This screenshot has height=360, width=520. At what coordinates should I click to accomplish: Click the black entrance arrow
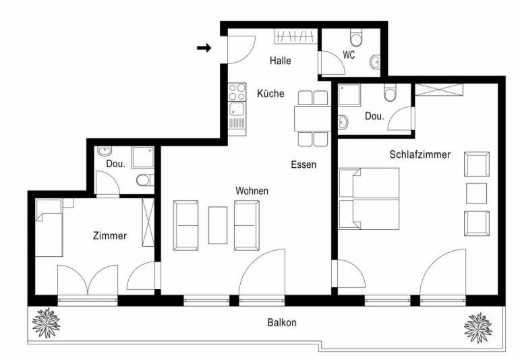204,48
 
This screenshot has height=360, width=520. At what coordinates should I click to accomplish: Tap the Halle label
280,61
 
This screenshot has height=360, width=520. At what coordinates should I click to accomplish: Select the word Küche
270,94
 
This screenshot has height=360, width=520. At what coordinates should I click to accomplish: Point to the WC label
349,55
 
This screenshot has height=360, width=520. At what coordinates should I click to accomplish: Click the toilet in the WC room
357,38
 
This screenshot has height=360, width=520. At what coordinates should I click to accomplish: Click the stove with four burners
237,92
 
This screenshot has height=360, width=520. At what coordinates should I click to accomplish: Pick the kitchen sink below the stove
237,115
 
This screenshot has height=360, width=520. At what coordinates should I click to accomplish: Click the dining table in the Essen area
312,119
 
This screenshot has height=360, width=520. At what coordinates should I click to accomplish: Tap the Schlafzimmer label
420,154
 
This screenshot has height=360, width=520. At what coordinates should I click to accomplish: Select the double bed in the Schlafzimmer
369,199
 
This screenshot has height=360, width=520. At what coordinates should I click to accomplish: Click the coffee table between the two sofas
218,225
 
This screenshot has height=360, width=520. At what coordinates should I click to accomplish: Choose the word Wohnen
252,191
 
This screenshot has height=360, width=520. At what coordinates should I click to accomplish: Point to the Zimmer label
110,236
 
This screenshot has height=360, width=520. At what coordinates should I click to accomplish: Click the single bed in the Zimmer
49,228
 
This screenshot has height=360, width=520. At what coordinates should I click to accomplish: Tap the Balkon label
282,322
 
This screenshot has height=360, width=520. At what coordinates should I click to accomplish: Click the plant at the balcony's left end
47,322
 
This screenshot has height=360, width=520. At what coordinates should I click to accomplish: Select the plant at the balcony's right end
478,328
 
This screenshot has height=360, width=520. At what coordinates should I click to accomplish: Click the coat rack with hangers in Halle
295,36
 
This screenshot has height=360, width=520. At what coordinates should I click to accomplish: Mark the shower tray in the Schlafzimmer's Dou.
349,95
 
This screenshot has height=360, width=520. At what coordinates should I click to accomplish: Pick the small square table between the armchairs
477,193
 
